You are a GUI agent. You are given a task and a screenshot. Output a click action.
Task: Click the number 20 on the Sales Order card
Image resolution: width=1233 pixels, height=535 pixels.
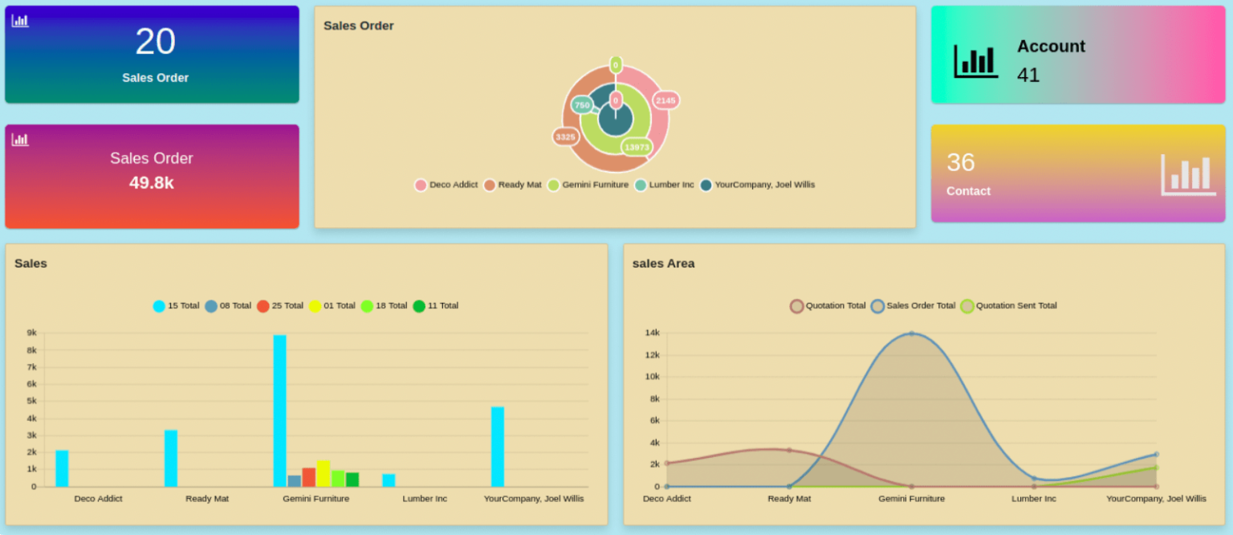[x=155, y=42]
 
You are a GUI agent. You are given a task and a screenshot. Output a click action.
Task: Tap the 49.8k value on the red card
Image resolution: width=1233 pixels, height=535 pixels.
[x=152, y=182]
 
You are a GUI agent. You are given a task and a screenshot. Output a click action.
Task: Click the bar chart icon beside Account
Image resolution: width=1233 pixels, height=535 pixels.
[x=975, y=61]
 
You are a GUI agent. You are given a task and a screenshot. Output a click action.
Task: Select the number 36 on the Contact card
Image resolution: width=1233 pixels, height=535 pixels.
[x=961, y=162]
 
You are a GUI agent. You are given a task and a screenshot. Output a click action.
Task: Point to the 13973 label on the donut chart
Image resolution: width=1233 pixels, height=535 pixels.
[x=637, y=147]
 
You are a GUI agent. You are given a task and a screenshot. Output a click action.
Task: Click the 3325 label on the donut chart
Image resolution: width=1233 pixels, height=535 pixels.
[x=565, y=137]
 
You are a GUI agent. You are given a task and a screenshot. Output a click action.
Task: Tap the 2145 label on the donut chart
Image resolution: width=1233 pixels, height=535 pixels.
[x=665, y=100]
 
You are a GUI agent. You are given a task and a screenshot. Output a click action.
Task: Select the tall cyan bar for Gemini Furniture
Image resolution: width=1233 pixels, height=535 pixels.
[x=279, y=410]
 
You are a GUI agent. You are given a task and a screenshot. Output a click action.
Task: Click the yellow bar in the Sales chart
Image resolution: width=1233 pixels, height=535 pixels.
[x=323, y=473]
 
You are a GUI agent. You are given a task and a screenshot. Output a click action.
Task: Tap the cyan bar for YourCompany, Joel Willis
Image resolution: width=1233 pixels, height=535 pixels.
[x=498, y=446]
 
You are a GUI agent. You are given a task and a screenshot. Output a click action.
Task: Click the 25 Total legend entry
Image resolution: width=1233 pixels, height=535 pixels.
[x=280, y=306]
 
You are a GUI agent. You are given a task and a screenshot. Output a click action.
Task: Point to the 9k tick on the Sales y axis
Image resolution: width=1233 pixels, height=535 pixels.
[x=32, y=333]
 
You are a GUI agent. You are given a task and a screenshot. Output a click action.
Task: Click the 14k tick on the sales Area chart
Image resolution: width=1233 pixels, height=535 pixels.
[x=652, y=333]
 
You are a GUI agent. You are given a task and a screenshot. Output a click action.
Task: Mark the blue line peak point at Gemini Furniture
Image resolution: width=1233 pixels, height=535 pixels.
[x=911, y=333]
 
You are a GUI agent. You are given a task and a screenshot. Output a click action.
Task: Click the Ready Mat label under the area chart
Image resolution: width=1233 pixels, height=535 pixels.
[x=789, y=499]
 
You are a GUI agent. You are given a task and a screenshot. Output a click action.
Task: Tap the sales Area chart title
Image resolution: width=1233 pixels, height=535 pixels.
[x=663, y=263]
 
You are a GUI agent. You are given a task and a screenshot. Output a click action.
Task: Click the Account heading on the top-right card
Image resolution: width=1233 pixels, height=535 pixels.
[x=1051, y=47]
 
